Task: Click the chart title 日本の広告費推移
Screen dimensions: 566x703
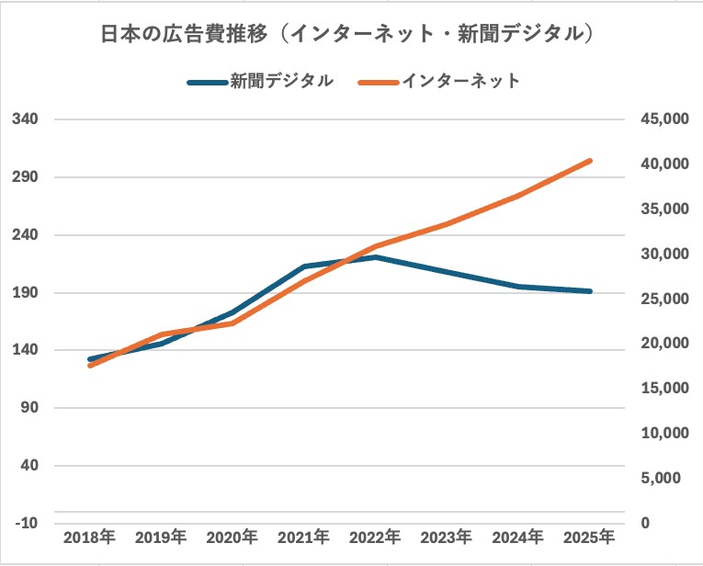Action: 351,35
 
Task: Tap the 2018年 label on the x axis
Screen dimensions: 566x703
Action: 89,537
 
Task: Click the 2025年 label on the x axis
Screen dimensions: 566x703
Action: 590,537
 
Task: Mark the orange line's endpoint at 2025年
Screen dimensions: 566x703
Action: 590,161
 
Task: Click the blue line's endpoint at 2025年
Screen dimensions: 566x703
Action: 590,291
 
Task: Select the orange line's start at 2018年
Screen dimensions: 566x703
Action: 89,366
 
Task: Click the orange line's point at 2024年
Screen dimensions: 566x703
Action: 518,196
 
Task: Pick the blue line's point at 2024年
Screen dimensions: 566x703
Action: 518,287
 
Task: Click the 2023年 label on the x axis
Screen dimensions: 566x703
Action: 447,537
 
